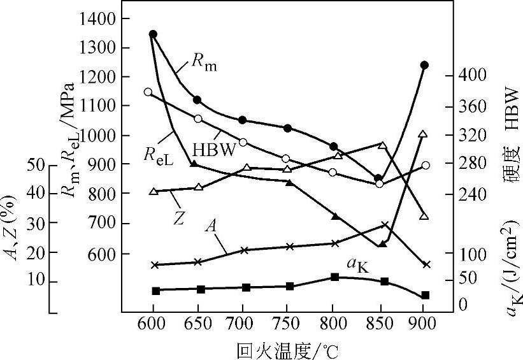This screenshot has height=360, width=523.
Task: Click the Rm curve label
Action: click(x=204, y=63)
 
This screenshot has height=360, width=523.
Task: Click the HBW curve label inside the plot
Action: click(x=214, y=149)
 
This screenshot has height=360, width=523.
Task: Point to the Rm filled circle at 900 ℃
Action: click(x=424, y=65)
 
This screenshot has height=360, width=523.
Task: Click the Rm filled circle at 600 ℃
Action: click(x=153, y=34)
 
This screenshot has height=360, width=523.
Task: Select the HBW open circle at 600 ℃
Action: click(x=148, y=92)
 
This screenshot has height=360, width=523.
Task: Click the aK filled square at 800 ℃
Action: click(x=334, y=277)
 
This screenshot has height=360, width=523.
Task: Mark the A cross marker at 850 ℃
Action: click(x=384, y=225)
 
